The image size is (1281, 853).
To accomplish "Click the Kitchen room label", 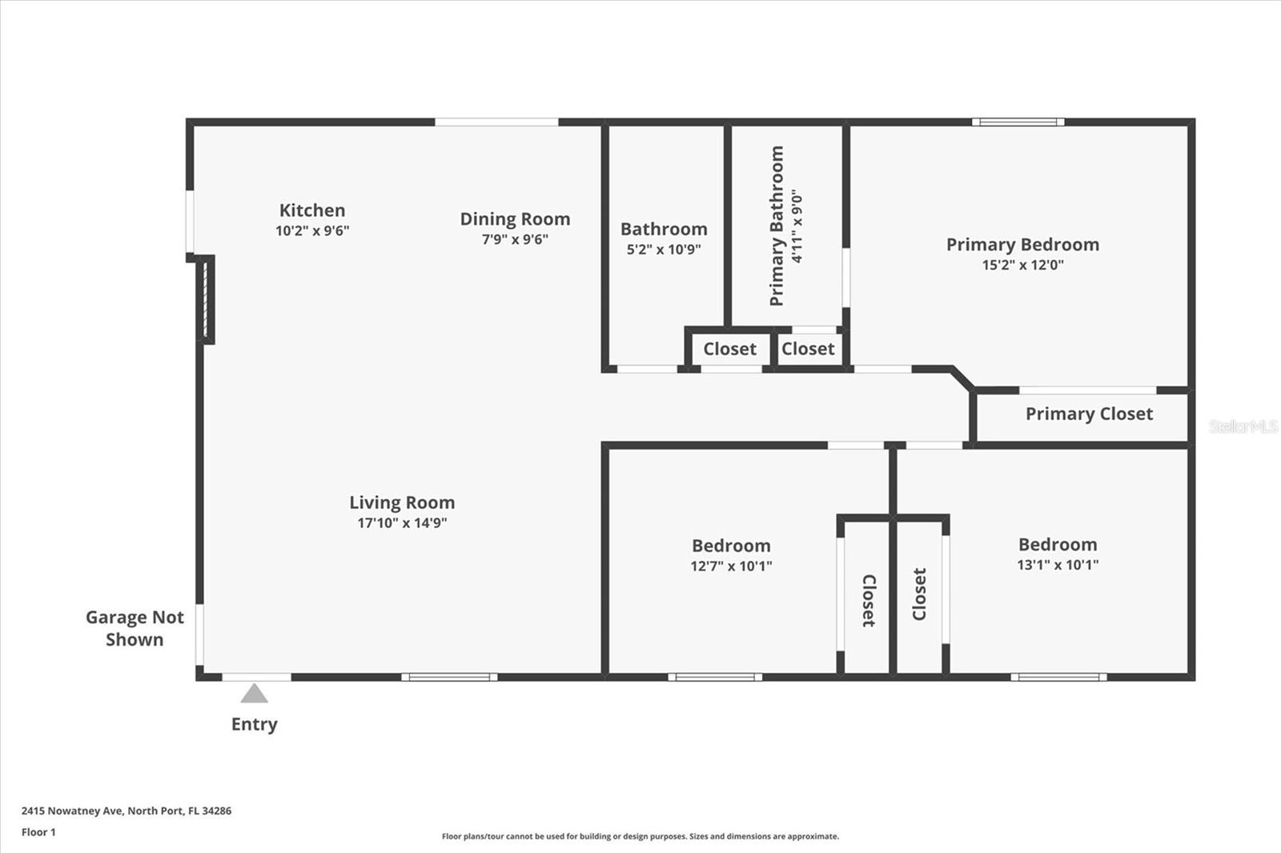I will (312, 210).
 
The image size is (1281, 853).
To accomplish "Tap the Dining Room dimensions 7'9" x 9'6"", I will (515, 239).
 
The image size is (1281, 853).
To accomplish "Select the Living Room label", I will (402, 503).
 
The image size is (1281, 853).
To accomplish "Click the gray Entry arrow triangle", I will (254, 694).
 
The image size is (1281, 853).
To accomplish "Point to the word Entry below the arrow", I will (254, 724).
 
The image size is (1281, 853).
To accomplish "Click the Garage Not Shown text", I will (135, 628).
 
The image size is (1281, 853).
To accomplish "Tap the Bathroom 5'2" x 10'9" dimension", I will (664, 250).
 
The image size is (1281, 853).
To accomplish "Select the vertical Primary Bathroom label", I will (776, 226).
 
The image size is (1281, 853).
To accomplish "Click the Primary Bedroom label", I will (1022, 245).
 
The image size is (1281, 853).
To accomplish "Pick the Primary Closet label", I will (1089, 414).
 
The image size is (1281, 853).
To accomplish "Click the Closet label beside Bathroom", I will (729, 349).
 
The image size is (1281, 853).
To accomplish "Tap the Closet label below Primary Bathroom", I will (808, 349).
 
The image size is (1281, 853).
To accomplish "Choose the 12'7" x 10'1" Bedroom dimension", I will (731, 567).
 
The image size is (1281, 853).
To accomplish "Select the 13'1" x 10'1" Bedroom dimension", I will (1058, 565).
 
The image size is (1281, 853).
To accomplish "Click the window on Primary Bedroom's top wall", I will (1018, 122).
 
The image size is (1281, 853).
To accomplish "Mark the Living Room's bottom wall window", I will (449, 677).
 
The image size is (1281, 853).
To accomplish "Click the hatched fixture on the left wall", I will (206, 299).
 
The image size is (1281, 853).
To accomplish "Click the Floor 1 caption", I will (38, 832).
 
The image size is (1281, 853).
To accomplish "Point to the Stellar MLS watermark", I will (1243, 426).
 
